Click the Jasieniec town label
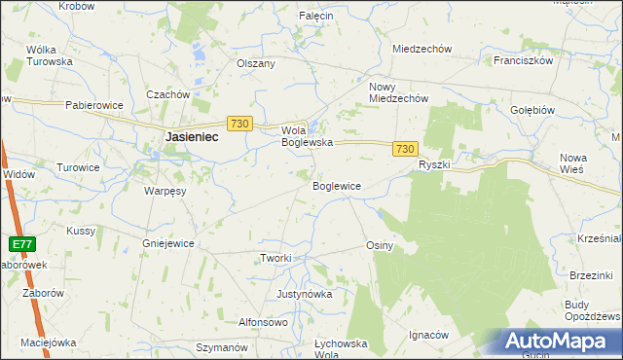click(x=191, y=138)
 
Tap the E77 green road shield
click(x=24, y=244)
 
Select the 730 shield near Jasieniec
click(x=240, y=124)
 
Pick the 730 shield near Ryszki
click(x=407, y=148)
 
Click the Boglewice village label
click(x=337, y=185)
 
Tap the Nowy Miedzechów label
click(x=398, y=92)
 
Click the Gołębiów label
click(x=532, y=110)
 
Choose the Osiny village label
click(x=380, y=245)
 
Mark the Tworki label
click(x=275, y=258)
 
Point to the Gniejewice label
click(x=168, y=243)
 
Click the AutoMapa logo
click(x=555, y=342)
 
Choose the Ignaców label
click(x=428, y=334)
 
